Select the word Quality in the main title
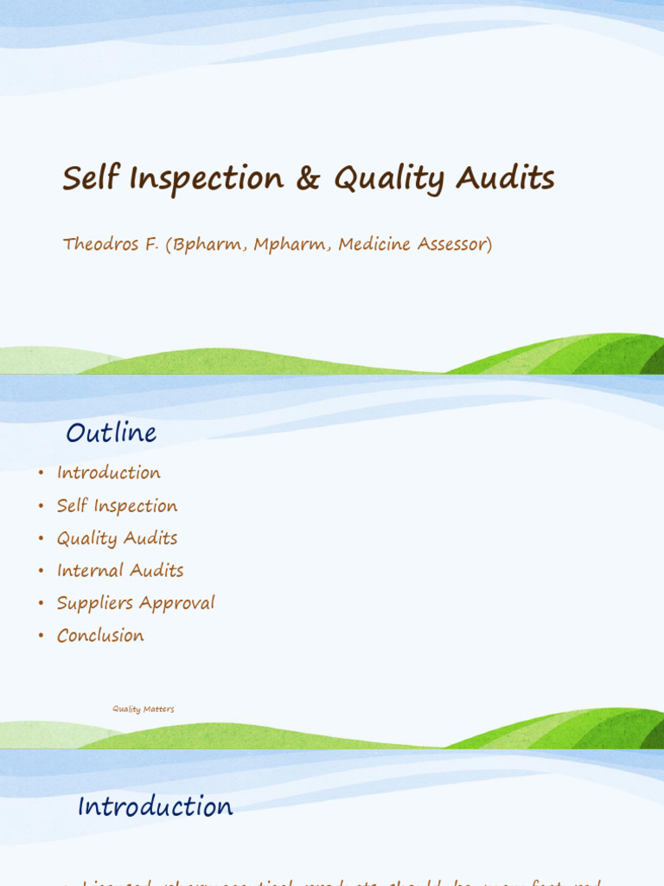(389, 180)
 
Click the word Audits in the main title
(505, 178)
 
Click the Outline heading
(112, 433)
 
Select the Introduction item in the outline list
(109, 472)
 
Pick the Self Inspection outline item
(117, 505)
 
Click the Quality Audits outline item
(117, 538)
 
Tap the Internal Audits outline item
(120, 570)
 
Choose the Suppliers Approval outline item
(136, 603)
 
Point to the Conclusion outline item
(100, 635)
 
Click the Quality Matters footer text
(144, 709)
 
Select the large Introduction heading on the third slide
(155, 806)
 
